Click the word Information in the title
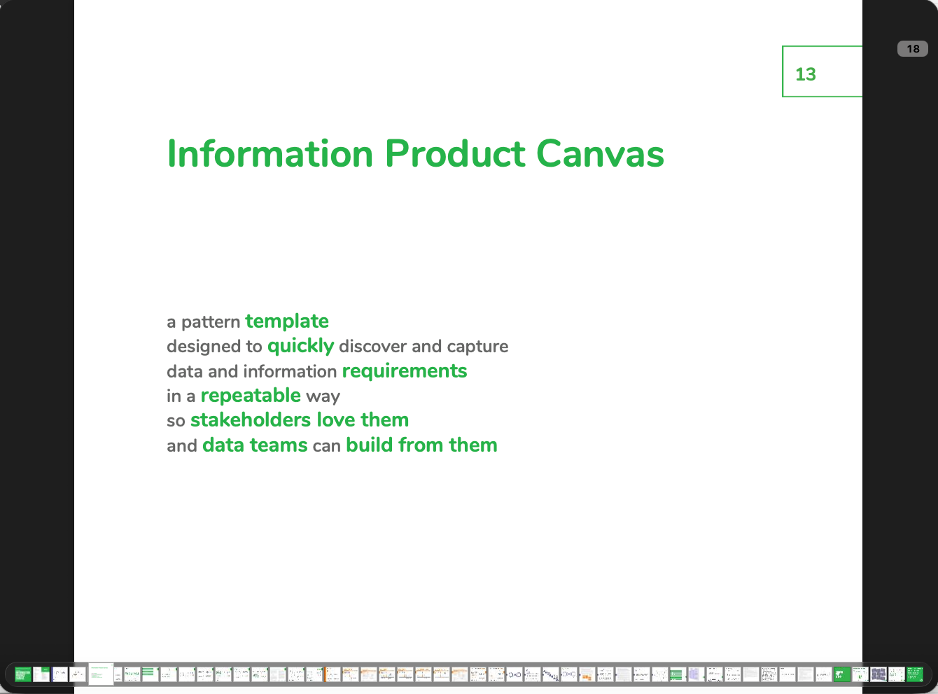click(x=270, y=154)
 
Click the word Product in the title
click(x=455, y=154)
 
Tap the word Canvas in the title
click(x=600, y=154)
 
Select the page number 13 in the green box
click(x=806, y=74)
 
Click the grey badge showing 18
click(x=912, y=49)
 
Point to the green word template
click(x=287, y=321)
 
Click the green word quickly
click(x=300, y=347)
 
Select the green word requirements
click(x=405, y=371)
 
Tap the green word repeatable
click(x=251, y=396)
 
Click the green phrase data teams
click(x=255, y=445)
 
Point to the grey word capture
click(x=477, y=347)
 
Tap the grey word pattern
click(x=211, y=322)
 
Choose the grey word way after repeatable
click(x=323, y=396)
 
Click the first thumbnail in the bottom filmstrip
click(x=23, y=674)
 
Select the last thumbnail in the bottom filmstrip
click(x=914, y=674)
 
